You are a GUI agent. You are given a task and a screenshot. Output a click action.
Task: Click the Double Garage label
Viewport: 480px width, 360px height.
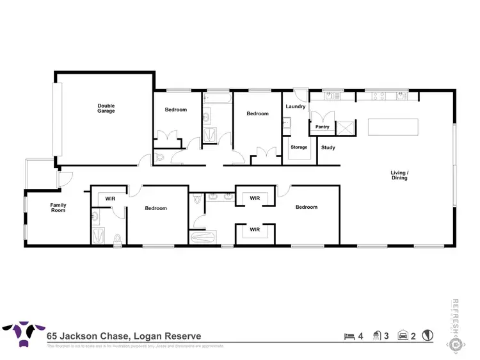106,108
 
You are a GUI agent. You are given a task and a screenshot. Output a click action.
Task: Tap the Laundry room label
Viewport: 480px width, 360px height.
295,106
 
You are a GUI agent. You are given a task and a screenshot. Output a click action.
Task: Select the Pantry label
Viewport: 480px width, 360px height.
322,127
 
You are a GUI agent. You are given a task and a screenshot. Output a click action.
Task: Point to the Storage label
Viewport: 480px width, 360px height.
299,147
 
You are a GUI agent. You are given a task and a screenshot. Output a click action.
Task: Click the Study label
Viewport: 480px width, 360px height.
328,148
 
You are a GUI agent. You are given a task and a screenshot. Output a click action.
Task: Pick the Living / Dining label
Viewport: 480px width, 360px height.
399,175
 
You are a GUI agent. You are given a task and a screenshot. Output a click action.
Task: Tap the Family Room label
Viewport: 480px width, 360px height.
58,208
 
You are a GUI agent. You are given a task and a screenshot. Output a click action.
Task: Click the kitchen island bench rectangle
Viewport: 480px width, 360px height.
393,127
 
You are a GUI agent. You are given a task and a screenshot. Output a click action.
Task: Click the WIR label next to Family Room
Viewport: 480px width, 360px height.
110,199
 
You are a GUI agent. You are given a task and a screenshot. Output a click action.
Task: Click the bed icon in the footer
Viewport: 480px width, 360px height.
349,335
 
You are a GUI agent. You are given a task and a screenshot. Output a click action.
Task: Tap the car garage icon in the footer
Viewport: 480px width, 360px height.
403,335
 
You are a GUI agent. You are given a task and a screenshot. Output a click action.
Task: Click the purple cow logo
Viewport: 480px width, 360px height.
22,334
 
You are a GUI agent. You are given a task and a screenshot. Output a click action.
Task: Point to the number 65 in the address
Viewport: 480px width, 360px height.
52,336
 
